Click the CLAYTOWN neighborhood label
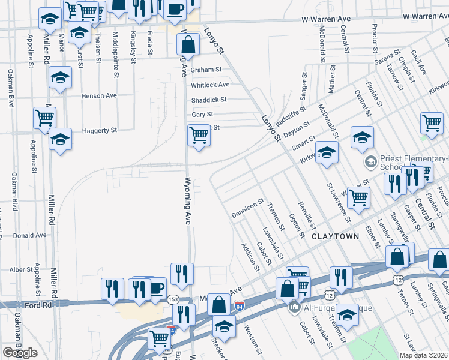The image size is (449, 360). coord(336,236)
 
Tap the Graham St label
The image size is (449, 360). coord(202,70)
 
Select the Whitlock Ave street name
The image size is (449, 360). coord(210,85)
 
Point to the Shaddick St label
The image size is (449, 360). coord(209,100)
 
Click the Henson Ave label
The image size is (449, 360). coord(100,95)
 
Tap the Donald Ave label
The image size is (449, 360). coord(29,235)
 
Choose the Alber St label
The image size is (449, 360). coord(21,269)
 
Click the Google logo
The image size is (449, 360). coord(20,353)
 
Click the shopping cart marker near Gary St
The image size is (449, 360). coord(199,135)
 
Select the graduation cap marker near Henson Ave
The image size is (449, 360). coord(59,78)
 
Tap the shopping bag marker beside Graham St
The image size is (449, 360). coord(188,44)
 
